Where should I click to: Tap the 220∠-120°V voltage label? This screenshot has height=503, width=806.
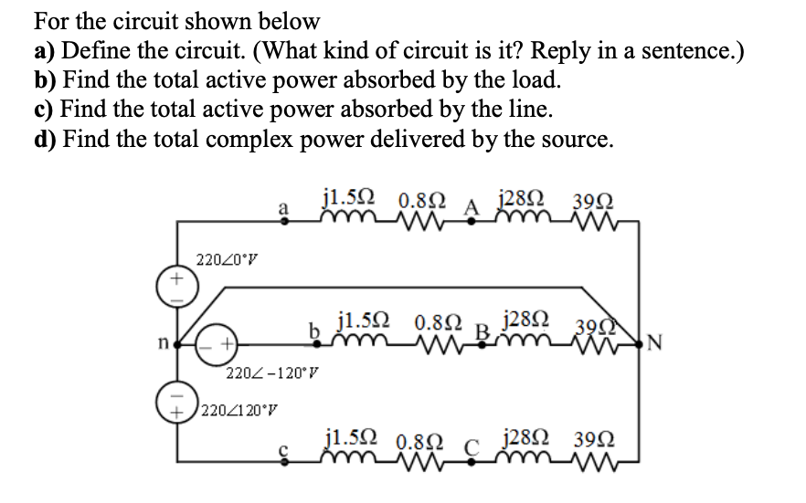click(x=272, y=372)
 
